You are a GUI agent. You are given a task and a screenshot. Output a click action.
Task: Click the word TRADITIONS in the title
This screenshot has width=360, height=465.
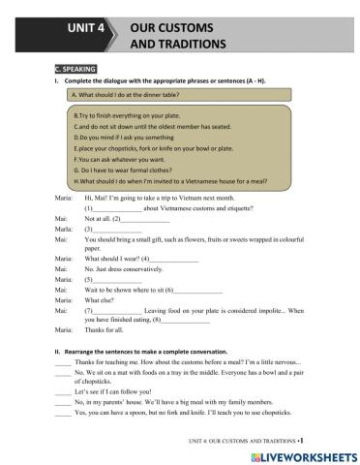pos(180,45)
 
